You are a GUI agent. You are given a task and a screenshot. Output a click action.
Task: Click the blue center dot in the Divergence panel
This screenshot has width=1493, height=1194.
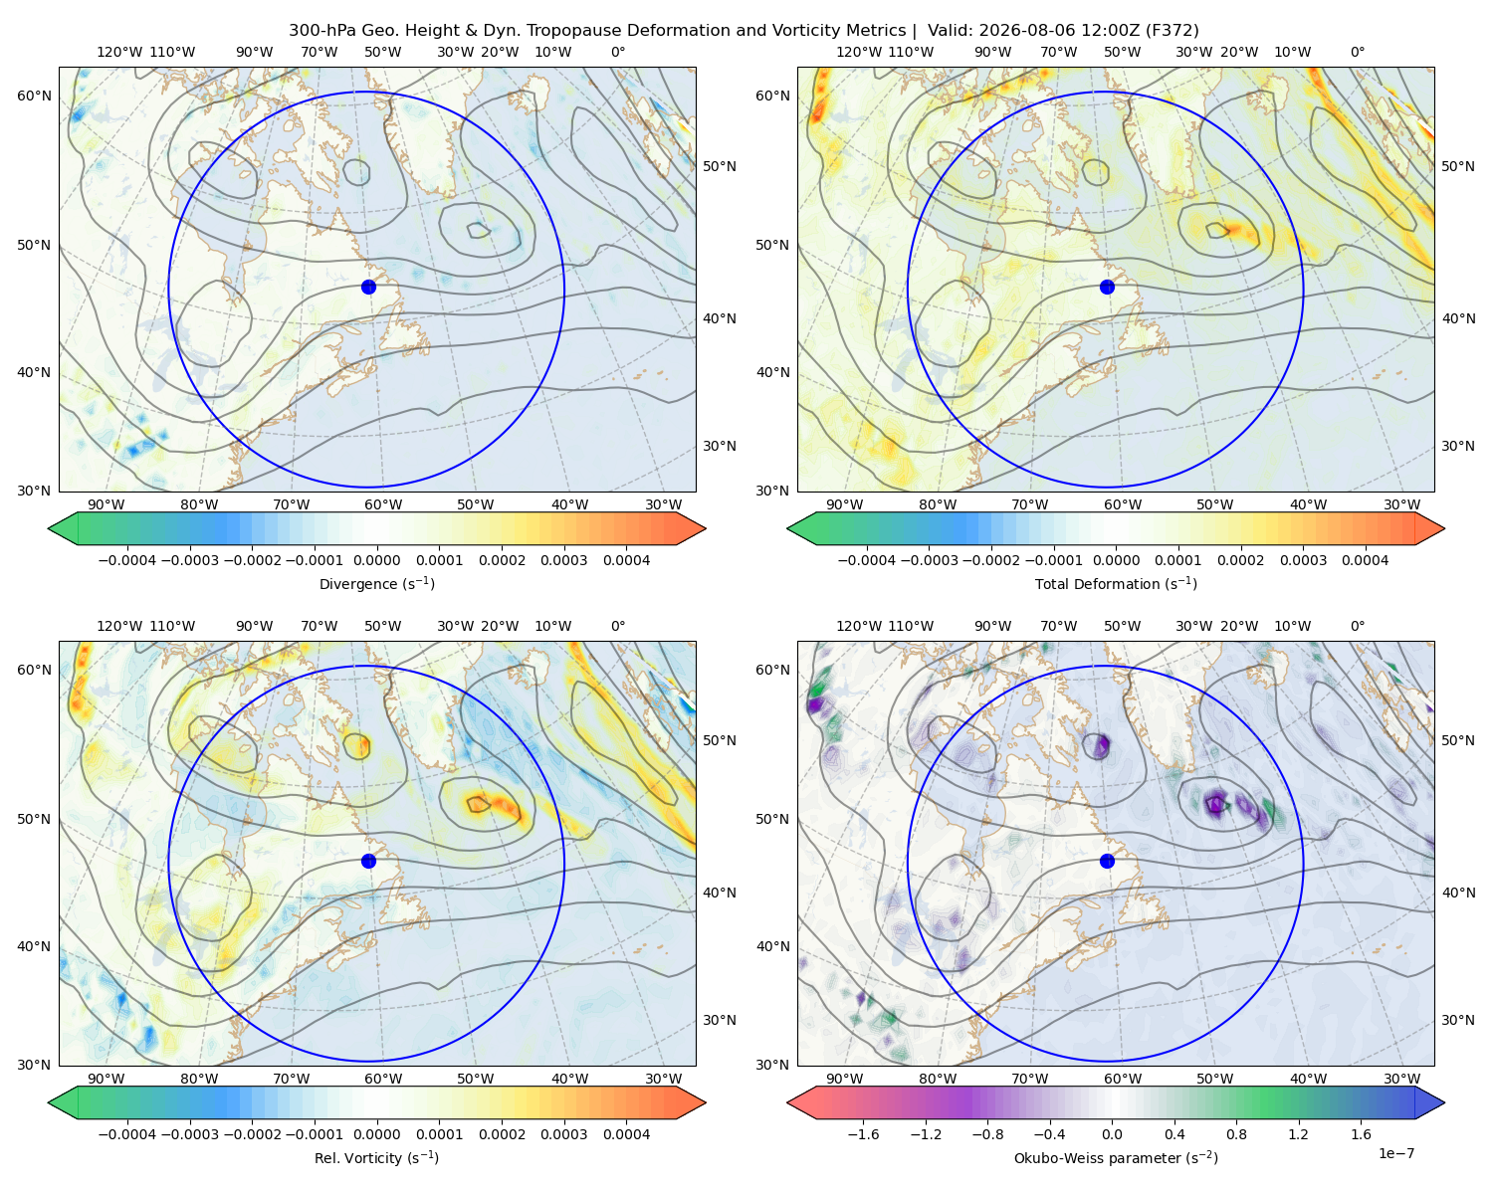(368, 287)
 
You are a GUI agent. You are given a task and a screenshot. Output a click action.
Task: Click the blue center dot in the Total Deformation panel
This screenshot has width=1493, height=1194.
(1107, 287)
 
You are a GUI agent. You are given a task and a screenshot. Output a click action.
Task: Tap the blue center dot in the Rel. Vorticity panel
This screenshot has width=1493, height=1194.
(368, 861)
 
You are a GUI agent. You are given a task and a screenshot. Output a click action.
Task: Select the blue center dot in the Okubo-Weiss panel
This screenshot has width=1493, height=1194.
(1107, 861)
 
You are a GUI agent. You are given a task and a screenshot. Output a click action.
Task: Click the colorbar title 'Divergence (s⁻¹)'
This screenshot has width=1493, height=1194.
(376, 583)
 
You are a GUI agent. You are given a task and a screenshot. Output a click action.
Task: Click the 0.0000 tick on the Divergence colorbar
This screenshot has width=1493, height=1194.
(376, 560)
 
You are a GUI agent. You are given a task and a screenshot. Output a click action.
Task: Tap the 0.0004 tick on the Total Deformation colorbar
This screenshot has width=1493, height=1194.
(1365, 560)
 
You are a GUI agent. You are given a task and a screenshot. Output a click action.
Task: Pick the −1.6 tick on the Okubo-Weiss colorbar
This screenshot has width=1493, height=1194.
(863, 1133)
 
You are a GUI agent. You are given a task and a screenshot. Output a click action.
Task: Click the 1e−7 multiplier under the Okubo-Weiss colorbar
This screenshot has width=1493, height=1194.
(1395, 1153)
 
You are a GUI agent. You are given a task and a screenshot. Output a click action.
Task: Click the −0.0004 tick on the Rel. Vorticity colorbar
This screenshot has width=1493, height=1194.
(127, 1133)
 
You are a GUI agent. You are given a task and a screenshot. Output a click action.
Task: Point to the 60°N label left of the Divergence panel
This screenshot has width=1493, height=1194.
(34, 96)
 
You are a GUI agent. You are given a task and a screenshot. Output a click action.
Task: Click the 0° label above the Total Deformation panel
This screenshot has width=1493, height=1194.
(1357, 52)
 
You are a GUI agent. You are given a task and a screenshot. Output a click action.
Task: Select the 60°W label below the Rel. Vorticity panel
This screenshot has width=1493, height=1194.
(383, 1079)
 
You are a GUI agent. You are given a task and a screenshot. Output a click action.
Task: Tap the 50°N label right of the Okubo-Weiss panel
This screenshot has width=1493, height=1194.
(1457, 739)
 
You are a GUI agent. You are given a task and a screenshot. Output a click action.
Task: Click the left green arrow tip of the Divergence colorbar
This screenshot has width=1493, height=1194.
(49, 528)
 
